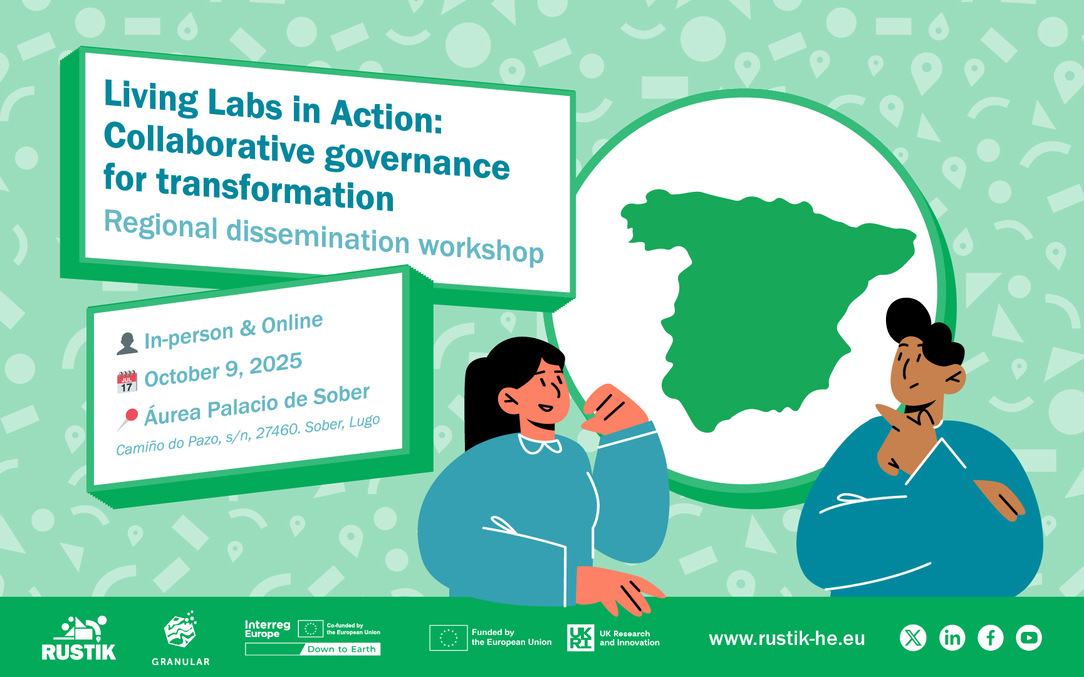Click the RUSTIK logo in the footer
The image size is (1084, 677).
[x=79, y=638]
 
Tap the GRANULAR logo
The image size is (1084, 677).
[x=180, y=638]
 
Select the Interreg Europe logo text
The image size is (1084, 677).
[x=268, y=629]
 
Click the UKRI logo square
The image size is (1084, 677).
[x=580, y=638]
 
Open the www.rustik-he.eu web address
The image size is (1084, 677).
[x=787, y=638]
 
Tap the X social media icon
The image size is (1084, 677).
[x=913, y=638]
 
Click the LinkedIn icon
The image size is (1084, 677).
[x=952, y=638]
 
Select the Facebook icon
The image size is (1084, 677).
[x=991, y=638]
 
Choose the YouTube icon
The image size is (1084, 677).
[x=1029, y=638]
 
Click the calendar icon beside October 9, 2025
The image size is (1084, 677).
[x=127, y=381]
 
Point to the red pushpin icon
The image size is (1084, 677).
[x=128, y=419]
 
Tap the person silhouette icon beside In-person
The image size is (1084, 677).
[x=127, y=344]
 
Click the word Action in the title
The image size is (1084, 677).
[x=386, y=115]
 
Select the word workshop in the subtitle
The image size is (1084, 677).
[x=481, y=249]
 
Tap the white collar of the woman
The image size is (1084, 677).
[x=539, y=445]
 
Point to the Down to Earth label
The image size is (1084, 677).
[x=341, y=649]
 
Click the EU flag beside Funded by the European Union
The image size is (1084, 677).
[x=449, y=638]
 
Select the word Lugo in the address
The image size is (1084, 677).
[x=365, y=421]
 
